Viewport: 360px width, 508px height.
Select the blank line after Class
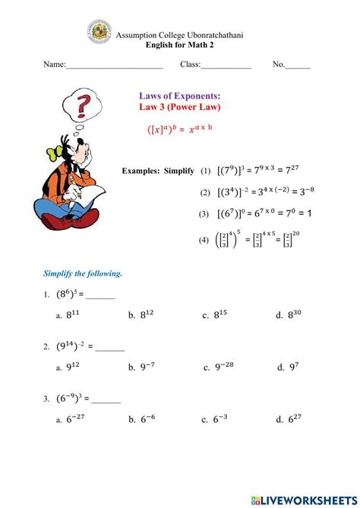(x=226, y=67)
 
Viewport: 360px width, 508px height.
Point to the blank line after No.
(x=298, y=67)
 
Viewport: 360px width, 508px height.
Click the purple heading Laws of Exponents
(x=180, y=96)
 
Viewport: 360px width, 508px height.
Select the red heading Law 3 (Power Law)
(x=180, y=108)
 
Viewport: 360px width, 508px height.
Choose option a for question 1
(x=73, y=314)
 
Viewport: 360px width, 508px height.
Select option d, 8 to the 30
(x=292, y=314)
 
